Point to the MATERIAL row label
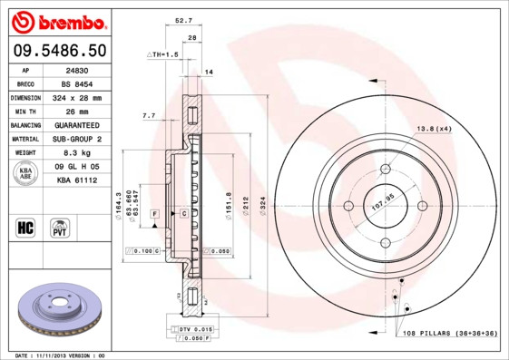tap(24, 139)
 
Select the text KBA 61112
tap(76, 180)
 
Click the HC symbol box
tap(24, 226)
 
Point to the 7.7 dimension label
tap(149, 116)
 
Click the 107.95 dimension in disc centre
tap(382, 205)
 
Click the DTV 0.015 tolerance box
tap(189, 328)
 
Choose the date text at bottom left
tap(61, 355)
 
